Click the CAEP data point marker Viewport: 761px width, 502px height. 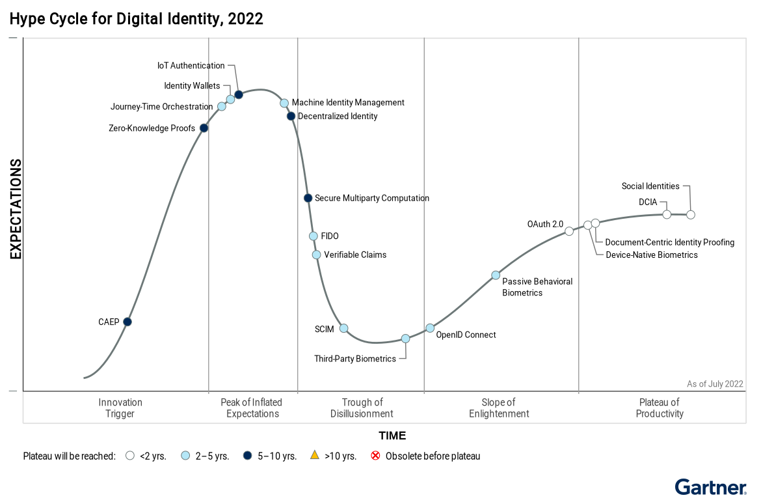pyautogui.click(x=127, y=322)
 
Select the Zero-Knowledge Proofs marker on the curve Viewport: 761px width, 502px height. pyautogui.click(x=204, y=128)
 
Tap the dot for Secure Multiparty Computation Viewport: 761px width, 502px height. pyautogui.click(x=308, y=198)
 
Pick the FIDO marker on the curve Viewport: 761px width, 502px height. pyautogui.click(x=314, y=236)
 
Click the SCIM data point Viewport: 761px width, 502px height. pyautogui.click(x=344, y=328)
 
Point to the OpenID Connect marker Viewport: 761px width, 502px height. pyautogui.click(x=430, y=328)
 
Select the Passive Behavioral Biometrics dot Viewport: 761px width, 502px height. pyautogui.click(x=496, y=275)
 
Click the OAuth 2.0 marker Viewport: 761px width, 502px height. pyautogui.click(x=569, y=231)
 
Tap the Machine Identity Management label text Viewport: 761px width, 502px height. pyautogui.click(x=348, y=102)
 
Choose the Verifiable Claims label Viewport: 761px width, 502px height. pyautogui.click(x=355, y=255)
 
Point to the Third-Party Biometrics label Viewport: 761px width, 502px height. pyautogui.click(x=355, y=359)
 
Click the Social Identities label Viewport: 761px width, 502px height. pyautogui.click(x=650, y=186)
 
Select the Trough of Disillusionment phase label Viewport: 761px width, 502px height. pyautogui.click(x=362, y=408)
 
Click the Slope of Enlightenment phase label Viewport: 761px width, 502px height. pyautogui.click(x=499, y=408)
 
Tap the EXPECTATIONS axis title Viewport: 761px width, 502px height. pyautogui.click(x=16, y=210)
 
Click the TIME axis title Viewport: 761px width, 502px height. pyautogui.click(x=392, y=436)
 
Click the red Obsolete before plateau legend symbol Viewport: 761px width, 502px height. pyautogui.click(x=375, y=456)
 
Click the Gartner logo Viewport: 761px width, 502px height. pyautogui.click(x=710, y=487)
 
